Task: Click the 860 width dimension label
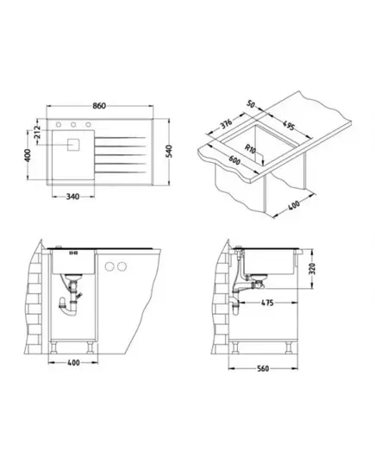pos(99,106)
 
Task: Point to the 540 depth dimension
pos(169,151)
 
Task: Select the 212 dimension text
pos(36,130)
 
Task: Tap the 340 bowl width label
pos(72,197)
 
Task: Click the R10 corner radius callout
pos(250,148)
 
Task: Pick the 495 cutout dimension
pos(289,125)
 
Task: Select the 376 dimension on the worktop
pos(227,124)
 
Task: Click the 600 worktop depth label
pos(234,160)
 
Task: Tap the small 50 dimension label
pos(251,104)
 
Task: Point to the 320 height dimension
pos(312,268)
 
